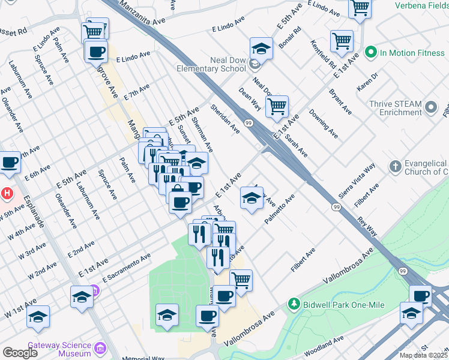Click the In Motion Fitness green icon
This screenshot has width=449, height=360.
pos(370,53)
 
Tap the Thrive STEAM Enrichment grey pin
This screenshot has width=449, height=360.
pos(430,108)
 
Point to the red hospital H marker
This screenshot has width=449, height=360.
pos(7,194)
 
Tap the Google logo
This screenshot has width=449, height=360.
pos(20,353)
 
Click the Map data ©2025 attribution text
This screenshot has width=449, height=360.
pos(423,355)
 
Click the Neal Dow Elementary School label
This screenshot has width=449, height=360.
pos(211,64)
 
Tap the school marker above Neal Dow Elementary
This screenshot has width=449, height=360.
pos(261,48)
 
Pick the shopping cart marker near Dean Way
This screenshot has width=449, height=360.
pos(277,107)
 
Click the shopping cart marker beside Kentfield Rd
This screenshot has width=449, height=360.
pos(342,41)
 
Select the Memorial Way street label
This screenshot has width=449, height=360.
pos(143,358)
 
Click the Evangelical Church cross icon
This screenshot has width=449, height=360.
pos(395,166)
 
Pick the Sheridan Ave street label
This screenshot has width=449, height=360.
pos(225,118)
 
